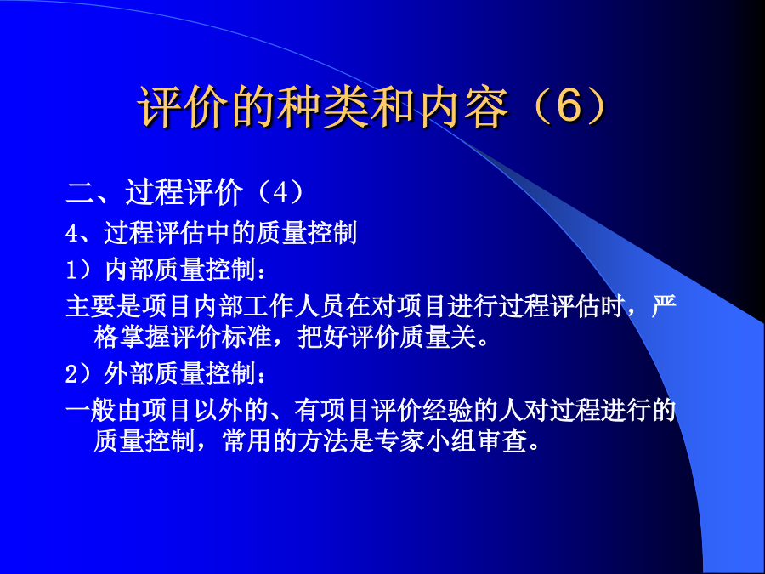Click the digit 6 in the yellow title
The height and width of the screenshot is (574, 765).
click(569, 106)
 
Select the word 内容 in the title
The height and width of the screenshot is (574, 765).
click(462, 107)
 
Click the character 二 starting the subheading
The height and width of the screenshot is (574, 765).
click(80, 193)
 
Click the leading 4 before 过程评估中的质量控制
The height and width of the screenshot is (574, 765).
click(71, 234)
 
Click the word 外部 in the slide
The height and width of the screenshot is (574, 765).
click(129, 374)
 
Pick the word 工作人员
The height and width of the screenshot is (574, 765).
click(294, 306)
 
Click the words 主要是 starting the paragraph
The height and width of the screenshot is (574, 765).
click(104, 306)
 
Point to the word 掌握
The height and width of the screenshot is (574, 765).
click(144, 338)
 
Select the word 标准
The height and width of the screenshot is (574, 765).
click(246, 338)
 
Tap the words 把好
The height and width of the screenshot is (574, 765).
click(322, 338)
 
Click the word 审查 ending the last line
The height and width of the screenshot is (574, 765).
click(501, 441)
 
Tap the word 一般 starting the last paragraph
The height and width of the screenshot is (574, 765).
click(91, 410)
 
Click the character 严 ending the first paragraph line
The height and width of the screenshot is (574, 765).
click(664, 306)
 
